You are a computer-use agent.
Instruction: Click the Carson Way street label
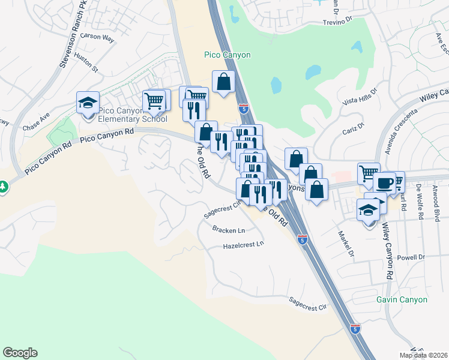click(97, 37)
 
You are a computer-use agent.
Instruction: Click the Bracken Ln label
click(229, 230)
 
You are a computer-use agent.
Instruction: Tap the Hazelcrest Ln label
click(243, 245)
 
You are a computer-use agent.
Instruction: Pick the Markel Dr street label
click(345, 243)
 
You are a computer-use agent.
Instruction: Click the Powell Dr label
click(411, 257)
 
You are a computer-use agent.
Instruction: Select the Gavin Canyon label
click(402, 299)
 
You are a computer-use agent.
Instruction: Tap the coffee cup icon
click(384, 182)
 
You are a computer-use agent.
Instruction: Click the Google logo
click(20, 353)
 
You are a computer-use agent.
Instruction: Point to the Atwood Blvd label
click(437, 205)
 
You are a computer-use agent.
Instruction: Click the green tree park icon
click(3, 187)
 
